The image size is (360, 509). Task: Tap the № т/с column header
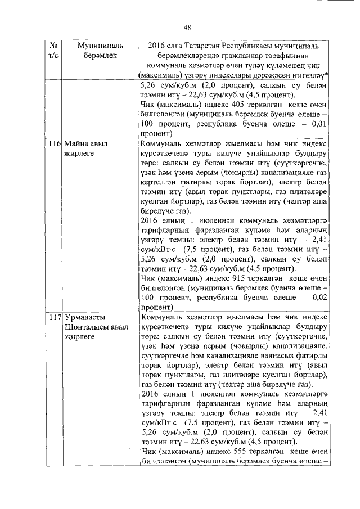click(55, 49)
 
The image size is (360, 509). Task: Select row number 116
click(54, 144)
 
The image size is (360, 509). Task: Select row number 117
click(54, 318)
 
